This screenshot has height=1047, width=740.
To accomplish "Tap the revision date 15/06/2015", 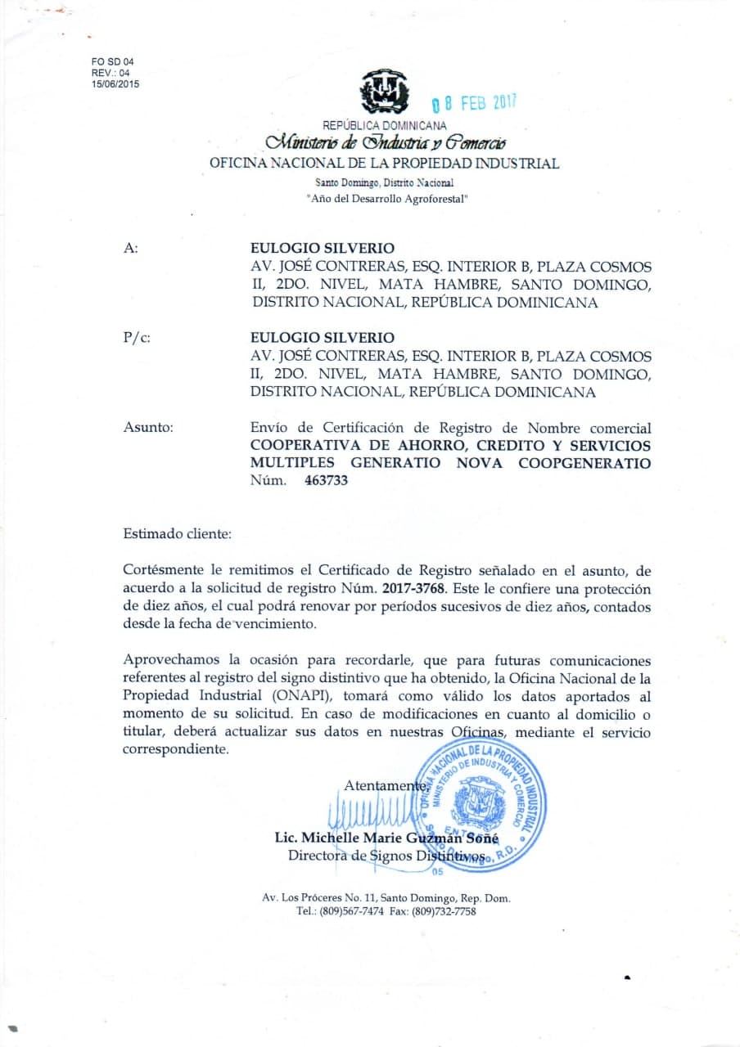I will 115,83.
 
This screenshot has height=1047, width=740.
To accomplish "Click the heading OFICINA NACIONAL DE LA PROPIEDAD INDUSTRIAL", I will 385,163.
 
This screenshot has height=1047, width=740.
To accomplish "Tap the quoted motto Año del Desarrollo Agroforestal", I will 386,198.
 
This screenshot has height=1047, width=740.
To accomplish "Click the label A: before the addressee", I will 130,249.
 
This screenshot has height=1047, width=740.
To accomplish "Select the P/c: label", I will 137,338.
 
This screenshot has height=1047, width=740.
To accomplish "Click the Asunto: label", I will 147,427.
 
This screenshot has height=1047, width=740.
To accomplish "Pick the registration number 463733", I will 326,481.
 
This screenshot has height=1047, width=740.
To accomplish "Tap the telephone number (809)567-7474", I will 351,910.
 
